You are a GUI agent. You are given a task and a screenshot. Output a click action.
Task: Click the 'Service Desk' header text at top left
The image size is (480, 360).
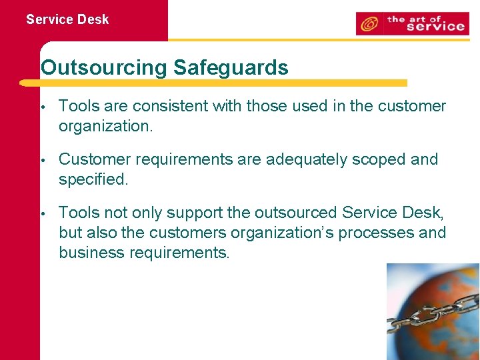click(67, 19)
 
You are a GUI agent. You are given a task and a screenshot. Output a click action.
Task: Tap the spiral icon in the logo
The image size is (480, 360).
click(368, 25)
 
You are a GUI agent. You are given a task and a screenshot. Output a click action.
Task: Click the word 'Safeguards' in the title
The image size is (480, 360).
click(231, 67)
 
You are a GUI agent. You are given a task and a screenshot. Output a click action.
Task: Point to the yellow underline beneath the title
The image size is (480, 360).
click(213, 83)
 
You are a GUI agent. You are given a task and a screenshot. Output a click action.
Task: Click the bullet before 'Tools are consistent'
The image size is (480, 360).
click(42, 107)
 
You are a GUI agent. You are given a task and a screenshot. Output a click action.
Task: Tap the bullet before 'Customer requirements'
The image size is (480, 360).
click(42, 160)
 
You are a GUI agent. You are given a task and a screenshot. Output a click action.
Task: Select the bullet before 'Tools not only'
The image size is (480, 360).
click(42, 213)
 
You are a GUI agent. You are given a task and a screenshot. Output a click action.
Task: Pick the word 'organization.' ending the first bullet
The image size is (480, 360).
click(106, 126)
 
